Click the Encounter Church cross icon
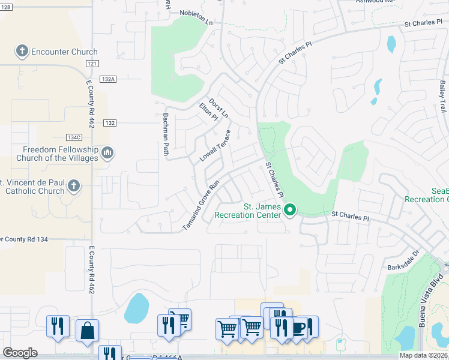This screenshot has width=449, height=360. (x=22, y=51)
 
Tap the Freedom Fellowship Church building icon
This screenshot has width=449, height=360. (x=107, y=154)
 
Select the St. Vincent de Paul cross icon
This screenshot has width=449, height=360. (x=74, y=186)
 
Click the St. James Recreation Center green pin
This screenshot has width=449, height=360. (x=290, y=210)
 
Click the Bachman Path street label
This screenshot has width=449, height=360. (x=166, y=134)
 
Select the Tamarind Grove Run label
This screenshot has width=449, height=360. (x=202, y=205)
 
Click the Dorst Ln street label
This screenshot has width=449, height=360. (x=219, y=107)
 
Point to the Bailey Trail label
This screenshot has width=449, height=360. (x=442, y=98)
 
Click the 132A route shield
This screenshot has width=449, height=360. (x=108, y=79)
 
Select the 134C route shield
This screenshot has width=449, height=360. (x=73, y=137)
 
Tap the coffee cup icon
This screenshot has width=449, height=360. (x=299, y=327)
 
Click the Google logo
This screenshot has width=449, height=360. (x=20, y=353)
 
